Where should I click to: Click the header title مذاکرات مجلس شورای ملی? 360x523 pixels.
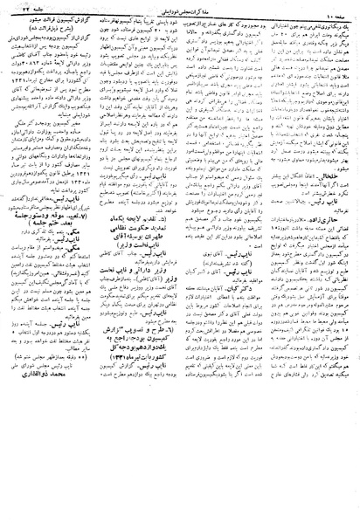[x=180, y=10]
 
